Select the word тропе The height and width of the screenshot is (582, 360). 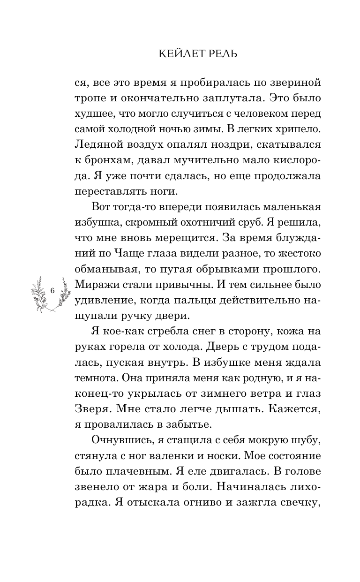pos(88,99)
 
